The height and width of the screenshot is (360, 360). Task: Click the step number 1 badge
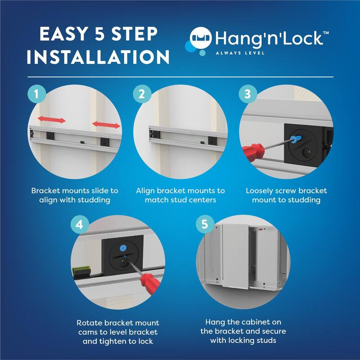[36, 94]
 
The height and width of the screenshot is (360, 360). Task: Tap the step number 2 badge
[141, 94]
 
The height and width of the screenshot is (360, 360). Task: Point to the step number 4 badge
[79, 225]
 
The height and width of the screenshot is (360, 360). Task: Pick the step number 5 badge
[205, 224]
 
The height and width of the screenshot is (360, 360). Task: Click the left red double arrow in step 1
[51, 120]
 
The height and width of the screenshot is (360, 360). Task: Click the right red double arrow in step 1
[106, 125]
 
